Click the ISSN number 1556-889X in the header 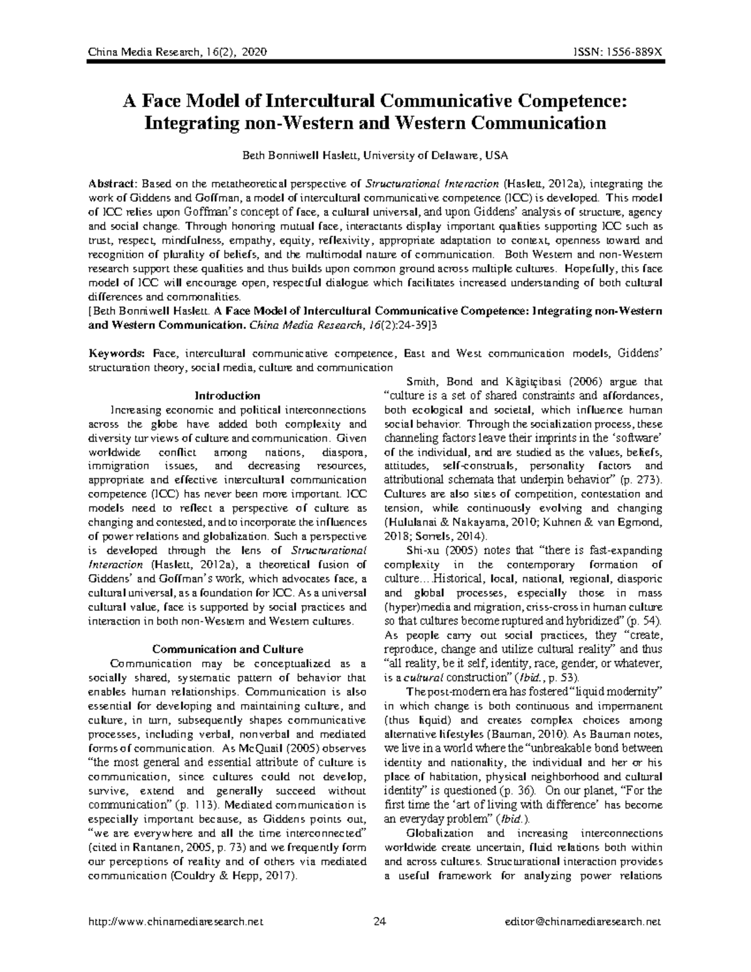click(631, 53)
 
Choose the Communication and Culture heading click(228, 649)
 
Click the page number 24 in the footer click(379, 921)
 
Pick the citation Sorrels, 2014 click(447, 536)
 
